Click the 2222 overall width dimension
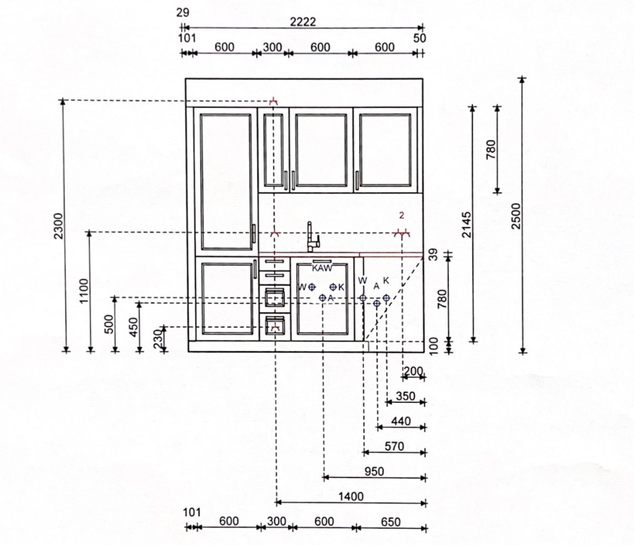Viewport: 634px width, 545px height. click(303, 22)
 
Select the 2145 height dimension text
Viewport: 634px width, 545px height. click(466, 225)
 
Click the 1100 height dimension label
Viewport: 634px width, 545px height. click(84, 290)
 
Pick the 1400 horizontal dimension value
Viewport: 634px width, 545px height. click(351, 496)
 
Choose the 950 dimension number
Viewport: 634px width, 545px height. click(374, 471)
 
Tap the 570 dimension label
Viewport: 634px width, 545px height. click(394, 446)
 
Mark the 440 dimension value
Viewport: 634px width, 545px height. click(401, 421)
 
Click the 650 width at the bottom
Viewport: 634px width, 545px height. click(391, 522)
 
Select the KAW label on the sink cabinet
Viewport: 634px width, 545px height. click(322, 268)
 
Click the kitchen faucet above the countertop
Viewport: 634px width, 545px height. click(313, 237)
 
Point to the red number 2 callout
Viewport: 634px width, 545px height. click(402, 216)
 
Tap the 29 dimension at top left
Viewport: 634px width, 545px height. click(182, 13)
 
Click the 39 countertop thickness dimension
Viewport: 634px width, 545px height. click(433, 255)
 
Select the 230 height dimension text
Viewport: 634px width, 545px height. click(158, 339)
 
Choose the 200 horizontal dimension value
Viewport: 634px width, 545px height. click(413, 371)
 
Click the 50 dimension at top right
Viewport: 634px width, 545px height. click(420, 38)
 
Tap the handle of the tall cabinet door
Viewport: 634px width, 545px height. click(254, 234)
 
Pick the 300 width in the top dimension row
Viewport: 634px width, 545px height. click(272, 47)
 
